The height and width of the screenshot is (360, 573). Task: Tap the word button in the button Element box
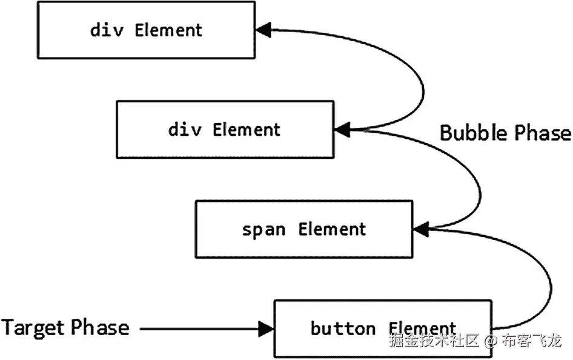343,329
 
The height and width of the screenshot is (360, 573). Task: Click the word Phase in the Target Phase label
101,328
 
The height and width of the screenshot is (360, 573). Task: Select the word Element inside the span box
332,230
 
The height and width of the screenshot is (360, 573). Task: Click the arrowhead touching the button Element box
267,329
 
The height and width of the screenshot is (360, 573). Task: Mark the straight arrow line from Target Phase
200,329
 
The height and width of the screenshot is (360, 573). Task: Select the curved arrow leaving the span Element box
479,182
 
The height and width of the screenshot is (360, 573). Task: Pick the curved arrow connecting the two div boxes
418,79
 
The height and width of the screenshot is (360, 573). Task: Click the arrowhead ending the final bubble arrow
262,29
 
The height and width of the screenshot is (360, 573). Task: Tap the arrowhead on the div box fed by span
341,128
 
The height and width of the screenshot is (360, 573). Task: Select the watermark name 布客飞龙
531,341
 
